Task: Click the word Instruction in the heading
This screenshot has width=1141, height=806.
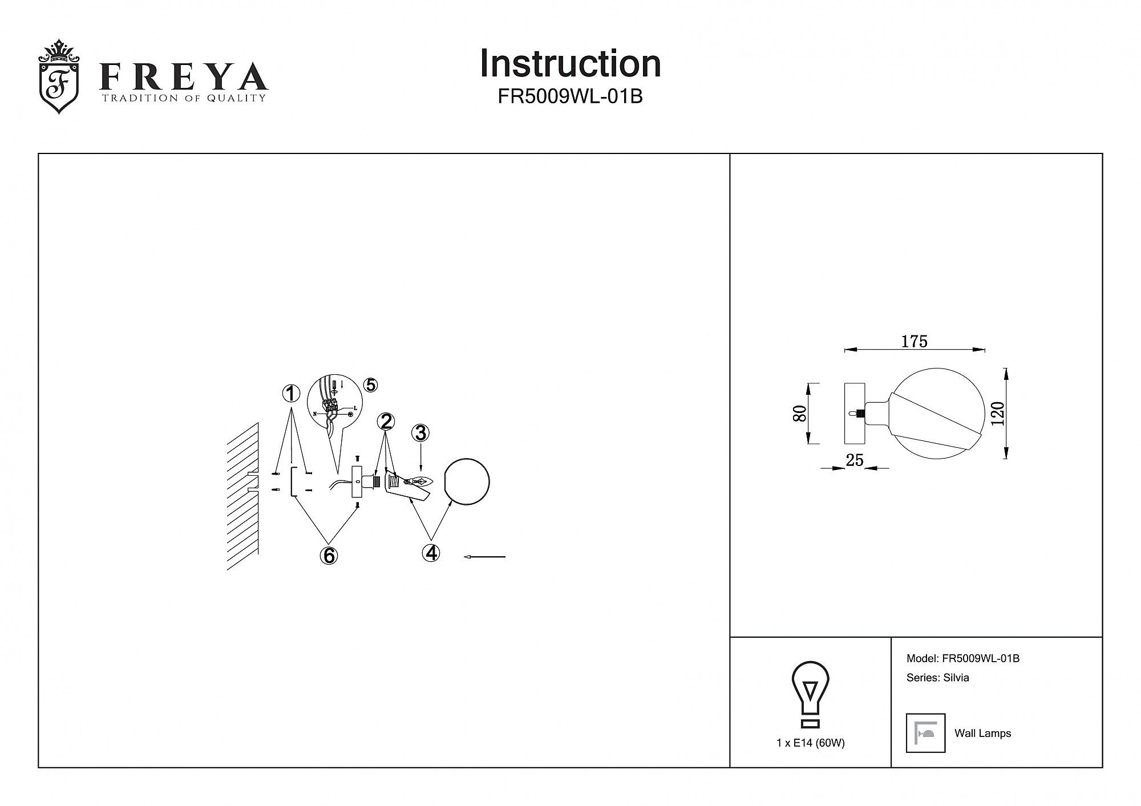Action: pos(570,63)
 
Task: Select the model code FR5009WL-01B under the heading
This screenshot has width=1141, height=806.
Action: pos(570,97)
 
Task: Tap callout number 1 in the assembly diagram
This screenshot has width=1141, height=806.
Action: pos(291,394)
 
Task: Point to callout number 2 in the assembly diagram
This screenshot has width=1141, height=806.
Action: pos(386,422)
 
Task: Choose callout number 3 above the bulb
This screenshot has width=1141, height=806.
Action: pos(420,434)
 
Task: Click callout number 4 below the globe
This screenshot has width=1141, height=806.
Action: pos(431,552)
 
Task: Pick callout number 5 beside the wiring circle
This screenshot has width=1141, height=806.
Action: pos(371,385)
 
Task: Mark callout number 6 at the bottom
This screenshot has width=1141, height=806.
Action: pos(329,556)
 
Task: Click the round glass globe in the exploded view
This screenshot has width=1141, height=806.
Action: pos(467,481)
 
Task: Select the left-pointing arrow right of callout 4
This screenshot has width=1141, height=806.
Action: pos(485,556)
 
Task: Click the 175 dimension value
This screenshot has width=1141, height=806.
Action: pos(914,341)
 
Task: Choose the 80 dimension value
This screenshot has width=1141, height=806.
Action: pos(800,414)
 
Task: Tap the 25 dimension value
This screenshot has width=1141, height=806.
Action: pos(854,460)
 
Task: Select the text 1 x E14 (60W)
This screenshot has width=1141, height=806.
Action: pos(810,743)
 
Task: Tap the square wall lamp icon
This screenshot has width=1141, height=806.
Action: pos(925,733)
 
